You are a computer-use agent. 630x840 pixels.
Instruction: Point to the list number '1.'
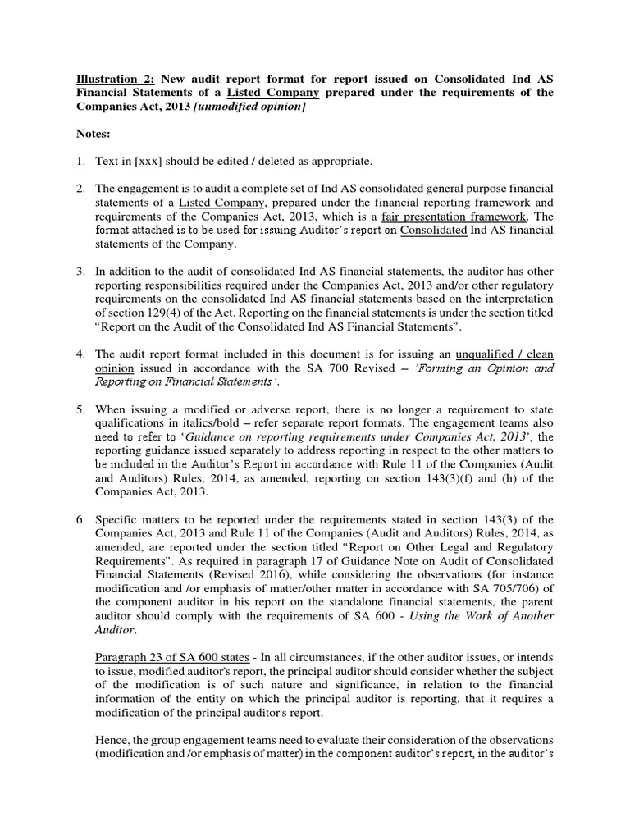83,160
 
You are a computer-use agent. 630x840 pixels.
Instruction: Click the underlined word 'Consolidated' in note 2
433,231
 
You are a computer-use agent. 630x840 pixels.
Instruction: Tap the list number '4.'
83,354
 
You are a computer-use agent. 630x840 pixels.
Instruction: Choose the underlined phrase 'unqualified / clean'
504,354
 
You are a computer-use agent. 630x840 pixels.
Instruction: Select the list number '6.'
83,520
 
